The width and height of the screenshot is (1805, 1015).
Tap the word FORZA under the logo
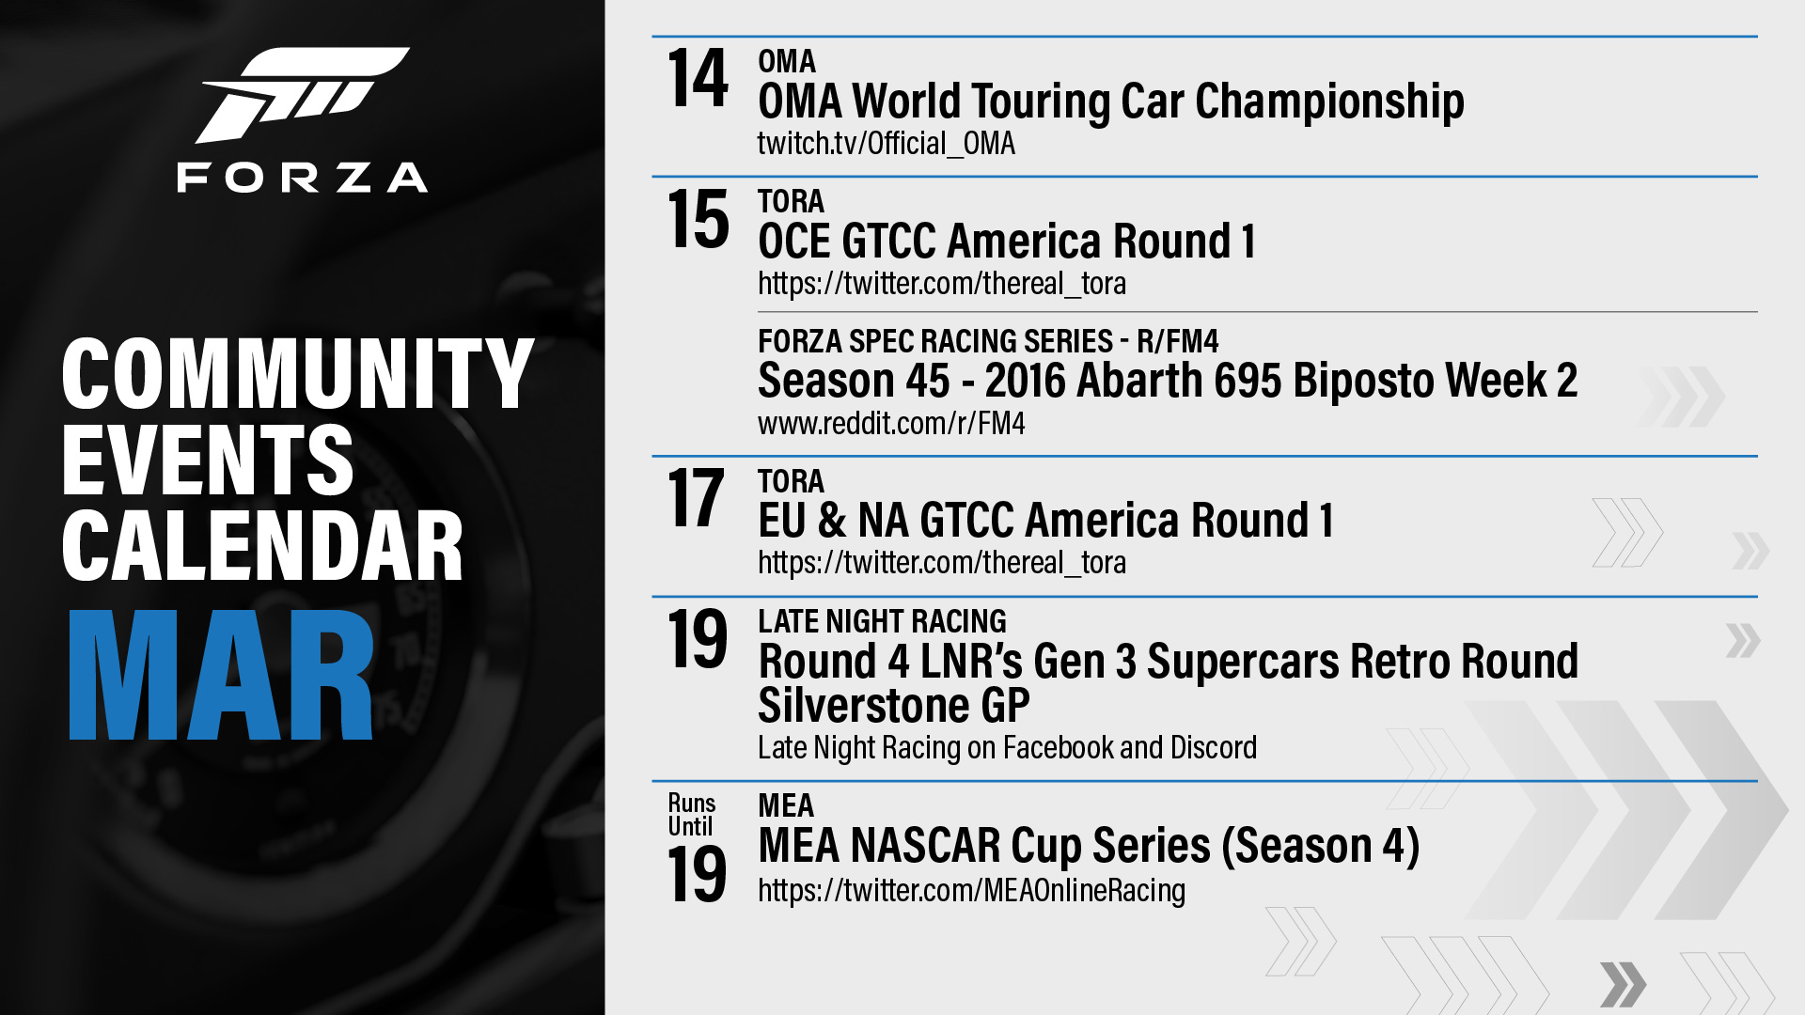click(303, 178)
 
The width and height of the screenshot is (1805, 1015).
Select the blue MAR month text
click(222, 675)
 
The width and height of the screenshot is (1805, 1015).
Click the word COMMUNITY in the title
click(298, 373)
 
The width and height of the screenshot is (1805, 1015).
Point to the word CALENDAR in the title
click(262, 546)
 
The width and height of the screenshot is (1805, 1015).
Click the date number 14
click(698, 79)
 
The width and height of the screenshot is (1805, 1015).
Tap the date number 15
click(698, 219)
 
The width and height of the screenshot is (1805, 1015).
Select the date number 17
click(696, 498)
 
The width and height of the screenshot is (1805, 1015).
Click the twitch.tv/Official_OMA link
click(887, 144)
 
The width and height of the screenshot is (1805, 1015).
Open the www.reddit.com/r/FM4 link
click(891, 424)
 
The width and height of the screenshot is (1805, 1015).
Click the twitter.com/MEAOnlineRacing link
click(972, 890)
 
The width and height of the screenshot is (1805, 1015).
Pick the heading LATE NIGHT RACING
click(882, 621)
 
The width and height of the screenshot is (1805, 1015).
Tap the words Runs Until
click(692, 815)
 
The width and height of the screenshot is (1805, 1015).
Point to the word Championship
click(1329, 102)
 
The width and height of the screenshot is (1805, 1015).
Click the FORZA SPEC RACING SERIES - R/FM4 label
click(988, 341)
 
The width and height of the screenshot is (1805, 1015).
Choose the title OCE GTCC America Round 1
click(1007, 242)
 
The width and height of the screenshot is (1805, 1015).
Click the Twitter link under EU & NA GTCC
click(942, 563)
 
